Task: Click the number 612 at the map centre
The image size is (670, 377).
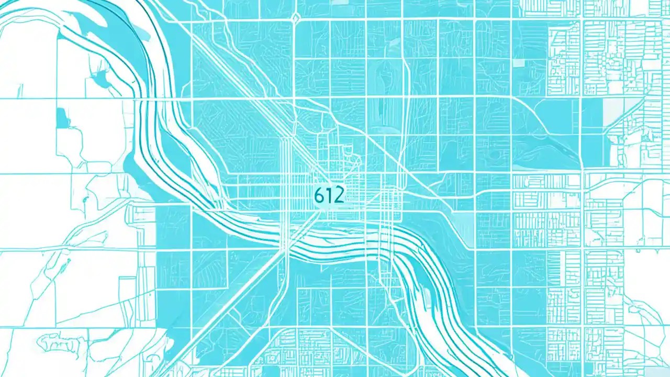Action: click(x=329, y=195)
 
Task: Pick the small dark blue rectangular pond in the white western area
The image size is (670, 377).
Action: click(x=62, y=118)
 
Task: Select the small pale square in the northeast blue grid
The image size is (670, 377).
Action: click(x=518, y=63)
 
